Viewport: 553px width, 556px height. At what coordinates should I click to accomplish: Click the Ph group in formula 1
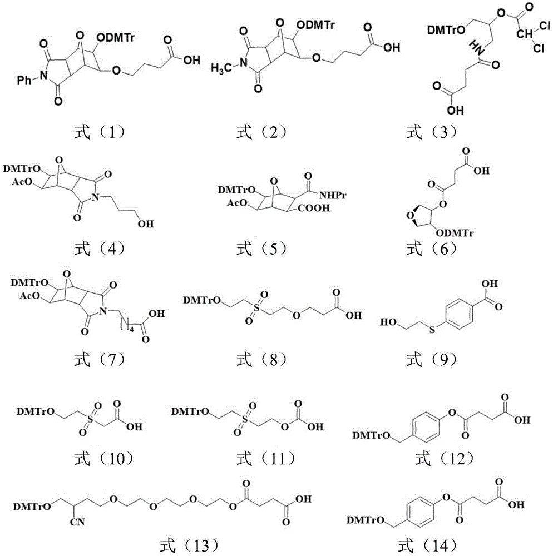[x=24, y=81]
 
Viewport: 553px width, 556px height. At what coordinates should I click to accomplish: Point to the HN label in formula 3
[x=478, y=47]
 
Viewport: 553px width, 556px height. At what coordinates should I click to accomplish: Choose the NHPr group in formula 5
[x=333, y=195]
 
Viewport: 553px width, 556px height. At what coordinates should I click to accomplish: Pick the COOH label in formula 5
[x=314, y=208]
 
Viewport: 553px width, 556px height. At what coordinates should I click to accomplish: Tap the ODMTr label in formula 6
[x=455, y=233]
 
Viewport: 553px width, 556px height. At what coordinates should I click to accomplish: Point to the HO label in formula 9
[x=389, y=322]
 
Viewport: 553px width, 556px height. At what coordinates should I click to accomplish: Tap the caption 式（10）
[x=103, y=459]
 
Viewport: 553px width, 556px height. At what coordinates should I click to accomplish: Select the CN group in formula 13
[x=77, y=522]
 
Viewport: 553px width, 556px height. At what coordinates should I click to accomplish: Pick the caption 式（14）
[x=427, y=545]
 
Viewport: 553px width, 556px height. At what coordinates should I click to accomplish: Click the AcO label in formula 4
[x=22, y=182]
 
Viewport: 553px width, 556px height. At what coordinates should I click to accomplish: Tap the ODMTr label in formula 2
[x=315, y=25]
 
